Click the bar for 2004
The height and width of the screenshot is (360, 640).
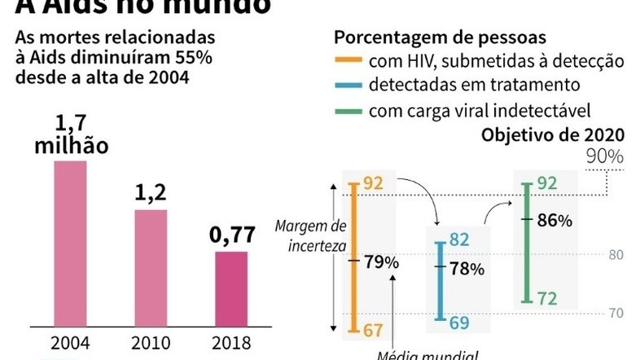69,242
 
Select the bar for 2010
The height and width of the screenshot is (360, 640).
151,266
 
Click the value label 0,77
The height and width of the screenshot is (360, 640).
231,236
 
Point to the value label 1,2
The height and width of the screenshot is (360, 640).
151,194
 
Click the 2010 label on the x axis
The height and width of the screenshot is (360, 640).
151,342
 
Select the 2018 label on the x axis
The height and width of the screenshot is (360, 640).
231,342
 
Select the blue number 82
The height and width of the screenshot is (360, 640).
459,239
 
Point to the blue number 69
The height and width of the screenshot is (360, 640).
459,323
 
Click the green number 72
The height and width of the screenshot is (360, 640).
547,300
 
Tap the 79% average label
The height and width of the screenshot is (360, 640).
381,262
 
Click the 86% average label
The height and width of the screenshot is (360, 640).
555,221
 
